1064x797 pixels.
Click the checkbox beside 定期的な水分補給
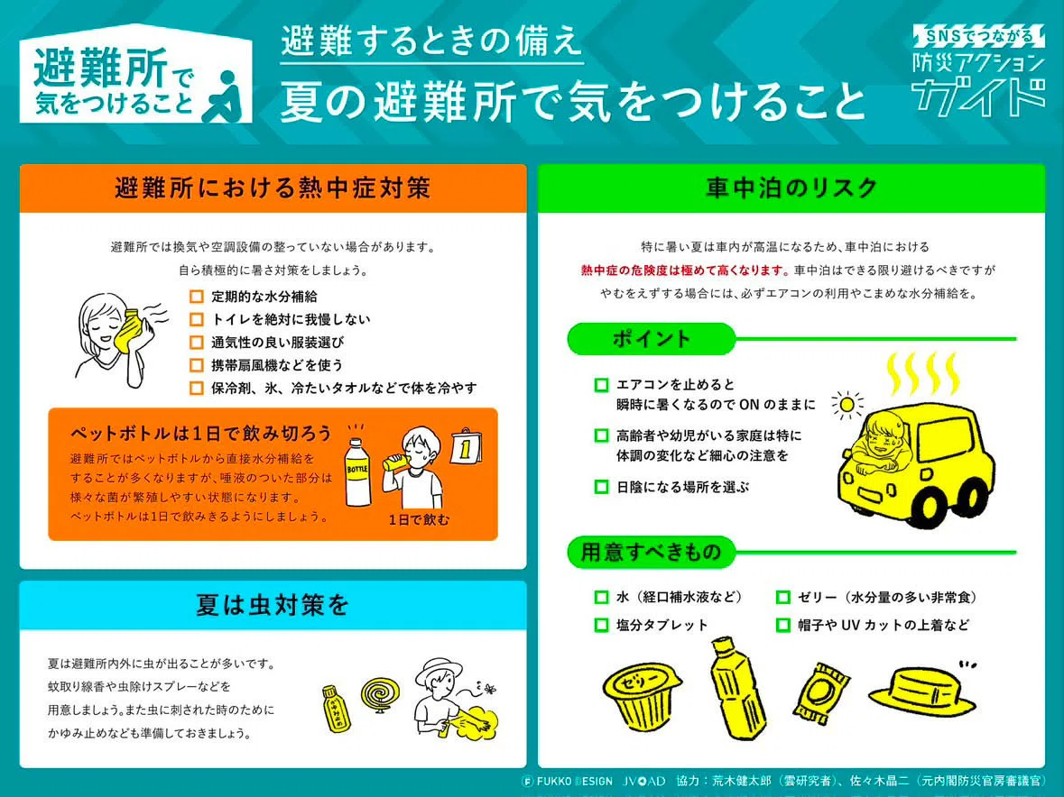coord(196,296)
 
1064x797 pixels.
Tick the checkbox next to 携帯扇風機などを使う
coord(196,365)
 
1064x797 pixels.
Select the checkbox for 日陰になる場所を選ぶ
coord(601,487)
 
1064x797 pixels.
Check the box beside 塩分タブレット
coord(601,625)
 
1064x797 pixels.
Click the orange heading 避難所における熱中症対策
coord(273,188)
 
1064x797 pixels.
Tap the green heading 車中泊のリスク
coord(791,188)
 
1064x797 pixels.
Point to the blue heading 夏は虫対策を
coord(273,605)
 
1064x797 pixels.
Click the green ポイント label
coord(652,338)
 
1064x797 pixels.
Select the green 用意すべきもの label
coord(652,552)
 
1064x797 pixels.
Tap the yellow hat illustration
coord(922,692)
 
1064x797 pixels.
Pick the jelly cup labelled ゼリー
coord(642,694)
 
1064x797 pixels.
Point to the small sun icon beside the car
coord(847,406)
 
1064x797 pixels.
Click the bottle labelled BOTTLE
coord(357,473)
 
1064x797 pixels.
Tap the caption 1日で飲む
coord(419,520)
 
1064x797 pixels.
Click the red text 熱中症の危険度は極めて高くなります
coord(685,270)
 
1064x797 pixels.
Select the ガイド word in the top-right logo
coord(978,96)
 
